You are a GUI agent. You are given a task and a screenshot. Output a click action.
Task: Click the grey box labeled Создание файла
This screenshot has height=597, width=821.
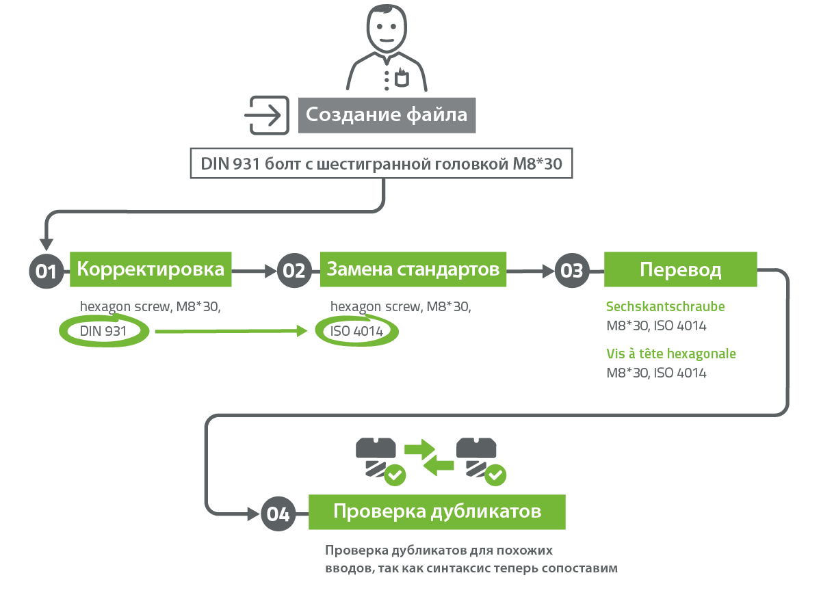pyautogui.click(x=387, y=116)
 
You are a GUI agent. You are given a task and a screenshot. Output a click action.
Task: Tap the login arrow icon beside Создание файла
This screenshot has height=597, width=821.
pyautogui.click(x=267, y=116)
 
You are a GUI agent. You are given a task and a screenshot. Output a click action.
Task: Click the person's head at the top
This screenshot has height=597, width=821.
pyautogui.click(x=387, y=29)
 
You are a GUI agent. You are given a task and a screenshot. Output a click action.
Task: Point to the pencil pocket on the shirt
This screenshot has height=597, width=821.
pyautogui.click(x=402, y=78)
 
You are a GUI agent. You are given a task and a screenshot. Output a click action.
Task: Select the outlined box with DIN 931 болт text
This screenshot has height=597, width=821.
pyautogui.click(x=381, y=163)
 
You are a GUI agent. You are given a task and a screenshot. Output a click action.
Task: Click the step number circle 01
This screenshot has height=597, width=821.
pyautogui.click(x=47, y=271)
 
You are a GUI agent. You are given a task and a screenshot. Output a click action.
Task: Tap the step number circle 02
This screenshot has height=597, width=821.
pyautogui.click(x=294, y=271)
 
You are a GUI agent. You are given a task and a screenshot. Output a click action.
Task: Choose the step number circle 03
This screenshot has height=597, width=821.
pyautogui.click(x=572, y=271)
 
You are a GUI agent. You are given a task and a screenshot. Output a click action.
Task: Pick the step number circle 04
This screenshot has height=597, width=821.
pyautogui.click(x=278, y=514)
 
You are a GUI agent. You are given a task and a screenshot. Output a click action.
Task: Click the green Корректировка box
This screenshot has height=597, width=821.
pyautogui.click(x=151, y=269)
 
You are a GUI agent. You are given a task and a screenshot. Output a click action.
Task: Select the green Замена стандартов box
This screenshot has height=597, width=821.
pyautogui.click(x=413, y=269)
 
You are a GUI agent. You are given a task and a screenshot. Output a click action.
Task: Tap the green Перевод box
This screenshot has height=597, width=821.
pyautogui.click(x=681, y=269)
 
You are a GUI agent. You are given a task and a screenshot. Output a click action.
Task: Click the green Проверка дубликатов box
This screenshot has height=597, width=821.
pyautogui.click(x=437, y=512)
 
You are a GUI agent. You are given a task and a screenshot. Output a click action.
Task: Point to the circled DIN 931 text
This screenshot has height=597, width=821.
pyautogui.click(x=103, y=331)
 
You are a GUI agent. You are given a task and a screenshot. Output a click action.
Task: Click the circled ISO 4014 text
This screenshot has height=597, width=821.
pyautogui.click(x=356, y=331)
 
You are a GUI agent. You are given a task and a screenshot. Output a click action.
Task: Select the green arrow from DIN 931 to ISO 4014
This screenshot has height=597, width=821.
pyautogui.click(x=231, y=331)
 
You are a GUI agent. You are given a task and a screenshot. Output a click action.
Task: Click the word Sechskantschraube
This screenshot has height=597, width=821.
pyautogui.click(x=665, y=306)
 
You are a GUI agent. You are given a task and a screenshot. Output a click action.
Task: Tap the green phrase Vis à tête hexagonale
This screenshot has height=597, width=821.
pyautogui.click(x=671, y=354)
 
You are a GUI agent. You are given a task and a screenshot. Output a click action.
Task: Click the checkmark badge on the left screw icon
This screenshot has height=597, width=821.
pyautogui.click(x=395, y=475)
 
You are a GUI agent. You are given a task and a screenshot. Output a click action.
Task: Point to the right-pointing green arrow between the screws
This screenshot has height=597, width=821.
pyautogui.click(x=419, y=449)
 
